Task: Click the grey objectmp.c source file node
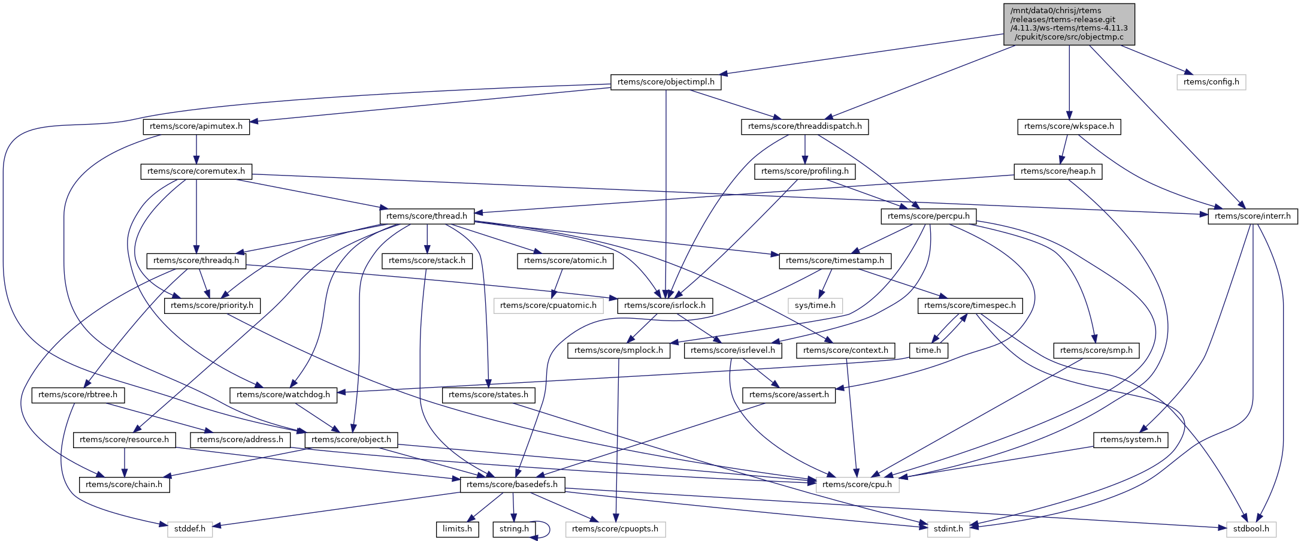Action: coord(1069,24)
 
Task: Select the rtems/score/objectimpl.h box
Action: coord(665,82)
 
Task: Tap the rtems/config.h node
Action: coord(1211,82)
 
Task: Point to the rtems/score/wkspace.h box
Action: coord(1069,126)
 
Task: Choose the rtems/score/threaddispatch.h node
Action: coord(804,126)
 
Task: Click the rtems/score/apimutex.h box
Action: coord(196,126)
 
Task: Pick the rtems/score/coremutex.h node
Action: coord(196,171)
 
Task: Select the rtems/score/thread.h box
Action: coord(426,216)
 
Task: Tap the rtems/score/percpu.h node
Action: coord(928,216)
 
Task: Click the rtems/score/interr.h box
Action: coord(1252,216)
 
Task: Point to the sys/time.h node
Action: coord(815,306)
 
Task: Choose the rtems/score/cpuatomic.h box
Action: coord(548,306)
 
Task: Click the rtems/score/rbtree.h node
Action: coord(78,395)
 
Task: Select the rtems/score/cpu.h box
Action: coord(857,484)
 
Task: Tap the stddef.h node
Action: coord(189,529)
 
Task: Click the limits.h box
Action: coord(456,529)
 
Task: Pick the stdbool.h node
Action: coord(1251,529)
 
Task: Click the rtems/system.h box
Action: coord(1130,440)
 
